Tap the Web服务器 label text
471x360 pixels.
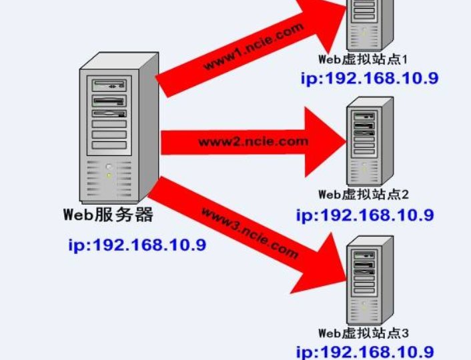(109, 215)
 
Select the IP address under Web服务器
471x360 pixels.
(137, 245)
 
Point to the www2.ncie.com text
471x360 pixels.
(254, 141)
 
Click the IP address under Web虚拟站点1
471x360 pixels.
(369, 78)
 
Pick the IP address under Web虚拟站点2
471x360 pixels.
(365, 215)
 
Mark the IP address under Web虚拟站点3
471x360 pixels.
(365, 352)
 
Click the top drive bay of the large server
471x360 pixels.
(109, 85)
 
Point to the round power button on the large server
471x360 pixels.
(109, 165)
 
